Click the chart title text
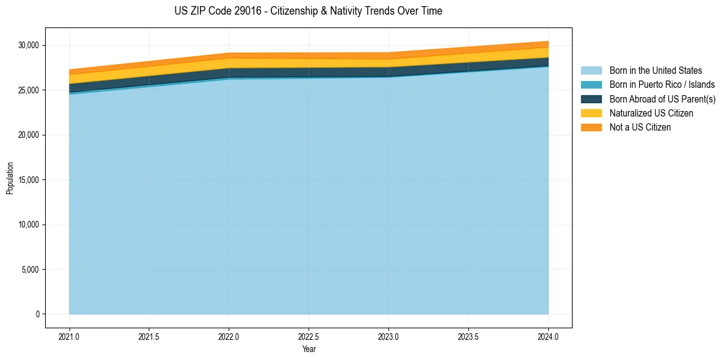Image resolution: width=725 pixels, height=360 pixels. click(x=308, y=11)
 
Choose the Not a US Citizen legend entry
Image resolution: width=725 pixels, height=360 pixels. click(x=640, y=128)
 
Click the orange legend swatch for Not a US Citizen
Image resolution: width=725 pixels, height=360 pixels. click(x=591, y=128)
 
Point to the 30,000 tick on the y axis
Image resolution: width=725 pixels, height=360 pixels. click(x=29, y=45)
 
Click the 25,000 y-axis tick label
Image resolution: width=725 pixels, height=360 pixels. click(x=29, y=90)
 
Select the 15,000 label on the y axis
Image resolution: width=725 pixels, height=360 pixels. click(x=29, y=180)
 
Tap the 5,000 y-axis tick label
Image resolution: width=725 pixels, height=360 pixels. click(x=30, y=270)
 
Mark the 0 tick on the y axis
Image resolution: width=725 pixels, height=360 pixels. click(x=37, y=314)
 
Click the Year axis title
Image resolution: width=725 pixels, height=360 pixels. click(x=309, y=349)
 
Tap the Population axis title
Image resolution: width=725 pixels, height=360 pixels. click(x=10, y=178)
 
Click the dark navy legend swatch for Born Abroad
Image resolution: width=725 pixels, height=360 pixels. click(x=591, y=99)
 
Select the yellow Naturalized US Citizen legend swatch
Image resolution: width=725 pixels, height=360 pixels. click(x=591, y=113)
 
